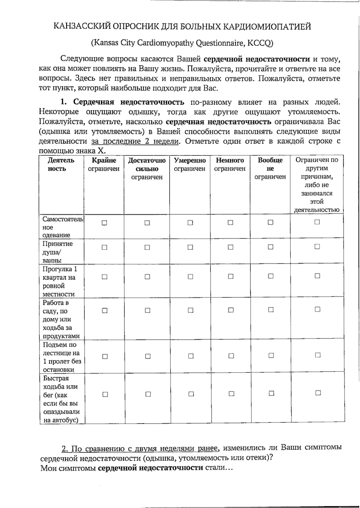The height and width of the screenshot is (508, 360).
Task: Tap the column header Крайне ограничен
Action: pyautogui.click(x=104, y=165)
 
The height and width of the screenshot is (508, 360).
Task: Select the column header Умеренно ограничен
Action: pyautogui.click(x=190, y=165)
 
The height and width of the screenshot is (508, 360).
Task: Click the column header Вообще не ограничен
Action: pyautogui.click(x=270, y=168)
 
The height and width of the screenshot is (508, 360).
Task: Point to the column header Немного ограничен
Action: pyautogui.click(x=230, y=165)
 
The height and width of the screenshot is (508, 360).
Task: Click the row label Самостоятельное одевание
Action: pyautogui.click(x=61, y=227)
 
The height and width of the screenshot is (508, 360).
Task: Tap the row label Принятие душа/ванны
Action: pyautogui.click(x=58, y=252)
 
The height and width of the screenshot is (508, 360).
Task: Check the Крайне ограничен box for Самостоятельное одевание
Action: pyautogui.click(x=104, y=223)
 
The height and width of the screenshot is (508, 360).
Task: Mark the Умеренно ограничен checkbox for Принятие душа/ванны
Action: pyautogui.click(x=190, y=247)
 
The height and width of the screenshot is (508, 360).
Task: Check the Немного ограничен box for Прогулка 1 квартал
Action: pyautogui.click(x=230, y=276)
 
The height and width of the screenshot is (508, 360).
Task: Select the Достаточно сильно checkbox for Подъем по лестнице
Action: pyautogui.click(x=148, y=356)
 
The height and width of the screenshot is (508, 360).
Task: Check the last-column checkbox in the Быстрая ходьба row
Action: pyautogui.click(x=318, y=393)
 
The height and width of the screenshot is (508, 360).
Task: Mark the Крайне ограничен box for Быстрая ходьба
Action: pyautogui.click(x=105, y=394)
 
